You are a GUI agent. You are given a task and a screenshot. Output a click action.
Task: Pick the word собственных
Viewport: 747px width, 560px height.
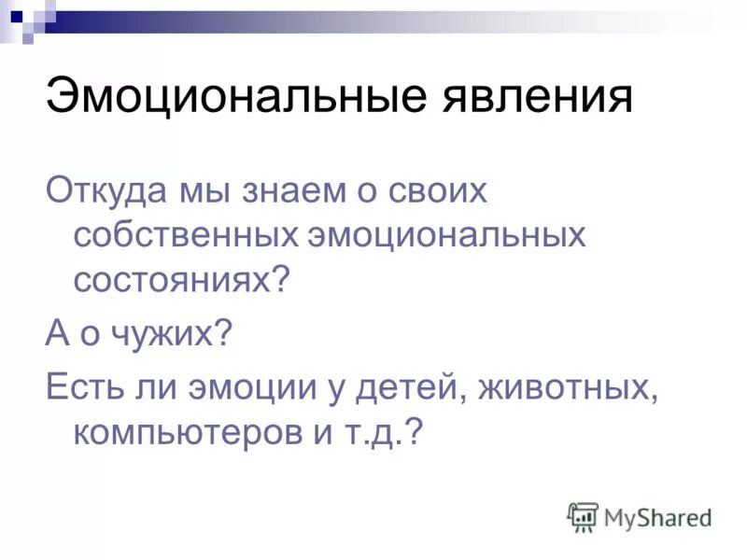click(x=185, y=235)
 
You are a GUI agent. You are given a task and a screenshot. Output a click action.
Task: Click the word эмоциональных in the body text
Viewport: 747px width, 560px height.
click(x=446, y=235)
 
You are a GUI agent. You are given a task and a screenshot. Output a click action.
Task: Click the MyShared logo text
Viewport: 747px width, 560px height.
click(x=657, y=516)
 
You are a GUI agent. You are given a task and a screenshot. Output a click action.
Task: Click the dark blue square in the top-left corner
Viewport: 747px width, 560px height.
click(x=14, y=15)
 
